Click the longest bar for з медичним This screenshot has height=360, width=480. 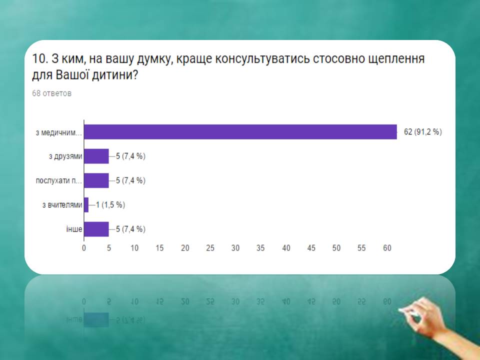point(240,132)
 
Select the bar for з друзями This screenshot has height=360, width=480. point(96,156)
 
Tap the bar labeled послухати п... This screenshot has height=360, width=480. point(96,180)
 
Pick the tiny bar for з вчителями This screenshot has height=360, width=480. point(86,205)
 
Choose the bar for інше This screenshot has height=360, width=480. point(96,229)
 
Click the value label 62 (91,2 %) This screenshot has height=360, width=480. point(423,132)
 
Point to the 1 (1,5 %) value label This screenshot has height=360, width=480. point(110,205)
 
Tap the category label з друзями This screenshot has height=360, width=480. point(65,156)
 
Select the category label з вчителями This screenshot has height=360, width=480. point(62,205)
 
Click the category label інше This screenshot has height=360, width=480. point(74,229)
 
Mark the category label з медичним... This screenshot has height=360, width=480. point(59,133)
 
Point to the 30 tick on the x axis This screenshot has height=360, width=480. point(235,248)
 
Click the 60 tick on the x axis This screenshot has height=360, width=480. point(387,248)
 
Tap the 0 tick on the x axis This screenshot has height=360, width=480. point(84,248)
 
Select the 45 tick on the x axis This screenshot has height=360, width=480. point(311,248)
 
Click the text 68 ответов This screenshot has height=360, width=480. point(51,93)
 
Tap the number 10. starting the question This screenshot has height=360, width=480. point(40,58)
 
